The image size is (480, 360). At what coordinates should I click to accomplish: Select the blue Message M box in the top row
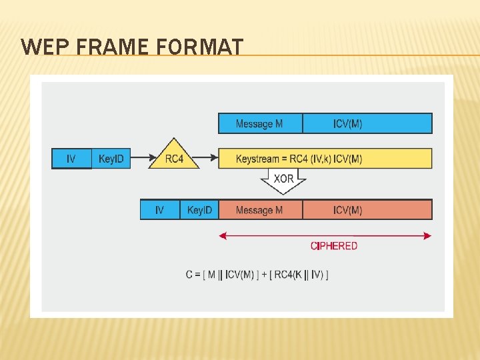(260, 123)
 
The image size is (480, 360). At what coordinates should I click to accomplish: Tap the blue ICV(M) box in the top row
(367, 123)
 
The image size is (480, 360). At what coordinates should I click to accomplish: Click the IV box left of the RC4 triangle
(71, 159)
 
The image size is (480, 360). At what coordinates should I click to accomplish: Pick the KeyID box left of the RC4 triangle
(111, 159)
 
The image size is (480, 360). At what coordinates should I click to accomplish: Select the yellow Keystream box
(325, 159)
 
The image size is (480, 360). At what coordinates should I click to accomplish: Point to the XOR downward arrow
(283, 180)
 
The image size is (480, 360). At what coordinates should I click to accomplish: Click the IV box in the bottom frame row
(160, 210)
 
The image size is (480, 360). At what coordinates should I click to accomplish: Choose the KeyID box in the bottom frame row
(199, 210)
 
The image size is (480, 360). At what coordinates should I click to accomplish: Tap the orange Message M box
(260, 210)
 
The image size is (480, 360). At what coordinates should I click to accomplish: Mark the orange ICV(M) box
(367, 210)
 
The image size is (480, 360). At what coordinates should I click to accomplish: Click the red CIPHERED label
(334, 246)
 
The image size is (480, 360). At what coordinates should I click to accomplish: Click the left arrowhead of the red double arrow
(223, 235)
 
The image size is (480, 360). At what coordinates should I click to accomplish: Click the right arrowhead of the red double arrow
(427, 235)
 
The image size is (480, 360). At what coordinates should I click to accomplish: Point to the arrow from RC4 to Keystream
(209, 159)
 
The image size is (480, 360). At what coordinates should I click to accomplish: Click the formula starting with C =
(257, 275)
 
